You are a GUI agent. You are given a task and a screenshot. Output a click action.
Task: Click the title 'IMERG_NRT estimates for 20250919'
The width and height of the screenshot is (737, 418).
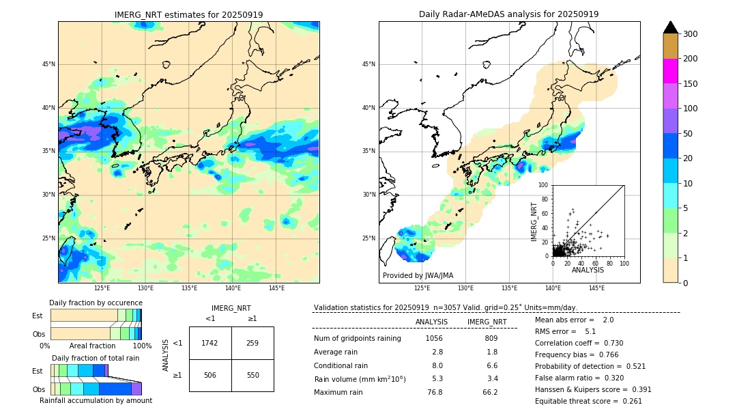pos(188,14)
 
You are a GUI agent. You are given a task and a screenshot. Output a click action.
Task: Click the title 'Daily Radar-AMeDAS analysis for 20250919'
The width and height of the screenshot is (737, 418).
pos(509,14)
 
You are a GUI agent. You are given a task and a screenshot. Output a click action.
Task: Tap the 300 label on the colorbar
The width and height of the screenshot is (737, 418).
pos(691,34)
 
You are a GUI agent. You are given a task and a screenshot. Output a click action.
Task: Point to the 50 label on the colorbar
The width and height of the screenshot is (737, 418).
pos(689,134)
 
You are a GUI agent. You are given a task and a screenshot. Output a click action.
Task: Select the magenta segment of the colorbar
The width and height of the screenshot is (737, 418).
pos(671,71)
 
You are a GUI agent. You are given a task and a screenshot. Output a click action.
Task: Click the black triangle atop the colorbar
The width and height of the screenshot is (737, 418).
pos(671,27)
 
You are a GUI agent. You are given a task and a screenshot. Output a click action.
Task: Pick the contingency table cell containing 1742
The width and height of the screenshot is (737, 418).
pos(210,343)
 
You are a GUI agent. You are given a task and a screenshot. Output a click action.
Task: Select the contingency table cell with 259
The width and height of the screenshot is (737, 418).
pos(252,343)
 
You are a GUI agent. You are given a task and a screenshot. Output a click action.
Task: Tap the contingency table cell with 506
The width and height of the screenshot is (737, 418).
pos(210,376)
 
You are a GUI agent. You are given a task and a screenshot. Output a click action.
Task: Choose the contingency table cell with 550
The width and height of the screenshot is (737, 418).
pos(252,376)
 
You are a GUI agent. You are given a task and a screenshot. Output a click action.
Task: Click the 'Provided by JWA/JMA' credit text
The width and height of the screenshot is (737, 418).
pos(418,276)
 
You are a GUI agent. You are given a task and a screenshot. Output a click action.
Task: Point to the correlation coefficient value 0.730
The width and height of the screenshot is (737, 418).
pos(609,343)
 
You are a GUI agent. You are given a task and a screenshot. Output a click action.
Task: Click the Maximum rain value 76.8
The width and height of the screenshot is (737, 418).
pos(435,392)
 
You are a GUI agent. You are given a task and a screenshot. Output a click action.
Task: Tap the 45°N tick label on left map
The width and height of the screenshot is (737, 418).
pos(48,64)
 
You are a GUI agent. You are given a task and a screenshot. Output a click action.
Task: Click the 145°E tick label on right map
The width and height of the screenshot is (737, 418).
pos(596,288)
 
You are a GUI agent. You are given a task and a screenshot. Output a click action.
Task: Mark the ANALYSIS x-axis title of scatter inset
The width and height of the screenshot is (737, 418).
pos(588,270)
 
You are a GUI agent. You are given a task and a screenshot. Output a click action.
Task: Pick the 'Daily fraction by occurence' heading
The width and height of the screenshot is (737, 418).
pos(96,303)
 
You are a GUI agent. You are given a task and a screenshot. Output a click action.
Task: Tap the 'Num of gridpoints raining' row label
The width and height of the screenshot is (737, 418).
pos(358,339)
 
